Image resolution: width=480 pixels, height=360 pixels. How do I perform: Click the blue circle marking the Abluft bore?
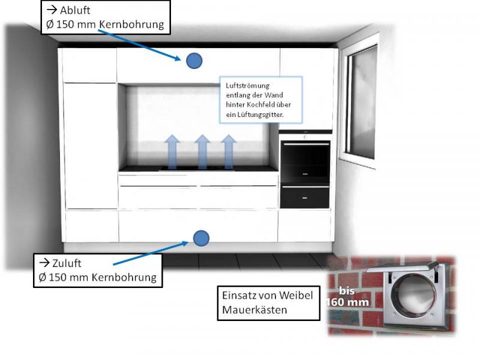click(x=194, y=60)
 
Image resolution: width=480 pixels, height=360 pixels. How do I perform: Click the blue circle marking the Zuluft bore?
click(x=201, y=238)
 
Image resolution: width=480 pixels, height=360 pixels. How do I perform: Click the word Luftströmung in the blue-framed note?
click(x=242, y=85)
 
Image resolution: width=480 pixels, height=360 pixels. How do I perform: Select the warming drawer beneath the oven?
click(x=305, y=195)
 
